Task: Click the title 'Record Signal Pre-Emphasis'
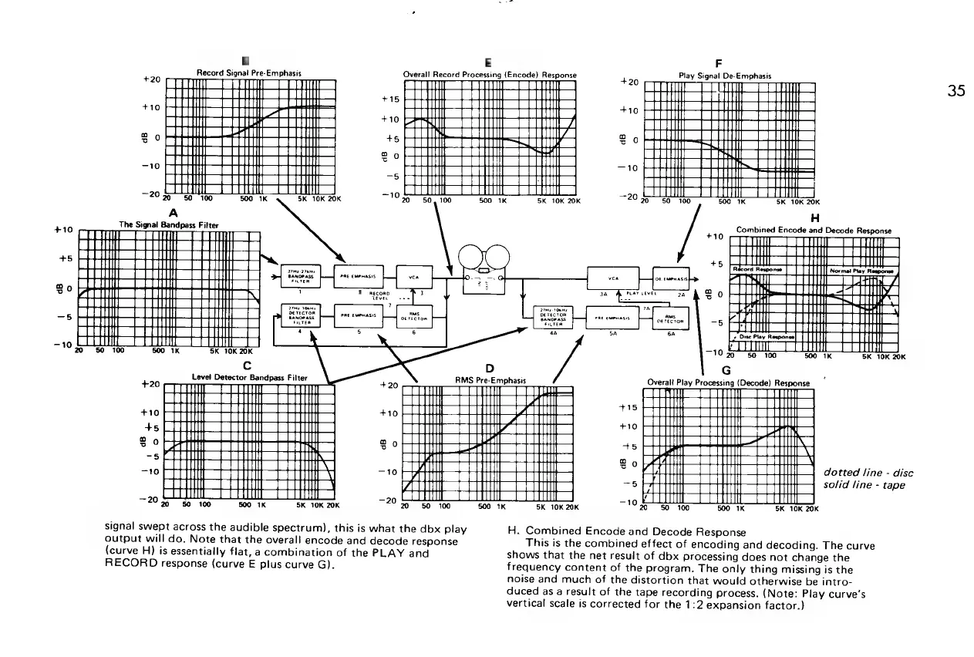(x=248, y=72)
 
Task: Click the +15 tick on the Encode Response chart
(x=391, y=99)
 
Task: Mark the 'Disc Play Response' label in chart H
(x=762, y=336)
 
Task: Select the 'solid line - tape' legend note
(x=862, y=484)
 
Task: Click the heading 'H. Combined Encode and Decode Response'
(x=625, y=532)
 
